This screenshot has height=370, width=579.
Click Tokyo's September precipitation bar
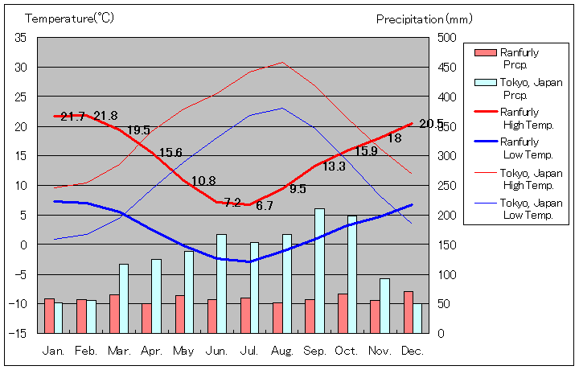click(x=319, y=270)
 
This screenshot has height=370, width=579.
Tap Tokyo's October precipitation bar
click(x=352, y=273)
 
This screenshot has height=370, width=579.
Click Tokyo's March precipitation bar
click(x=124, y=298)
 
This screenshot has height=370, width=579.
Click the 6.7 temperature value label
click(x=265, y=206)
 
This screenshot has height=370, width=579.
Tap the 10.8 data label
click(x=203, y=181)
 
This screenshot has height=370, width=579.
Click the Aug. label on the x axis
click(x=281, y=351)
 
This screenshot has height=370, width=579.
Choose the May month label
click(x=183, y=351)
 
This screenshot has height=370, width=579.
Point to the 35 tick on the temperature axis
click(x=21, y=37)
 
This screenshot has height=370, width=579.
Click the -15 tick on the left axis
click(x=18, y=332)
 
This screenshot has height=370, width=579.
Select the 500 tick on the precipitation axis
click(x=446, y=37)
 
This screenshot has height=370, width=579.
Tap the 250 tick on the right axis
click(x=446, y=185)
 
